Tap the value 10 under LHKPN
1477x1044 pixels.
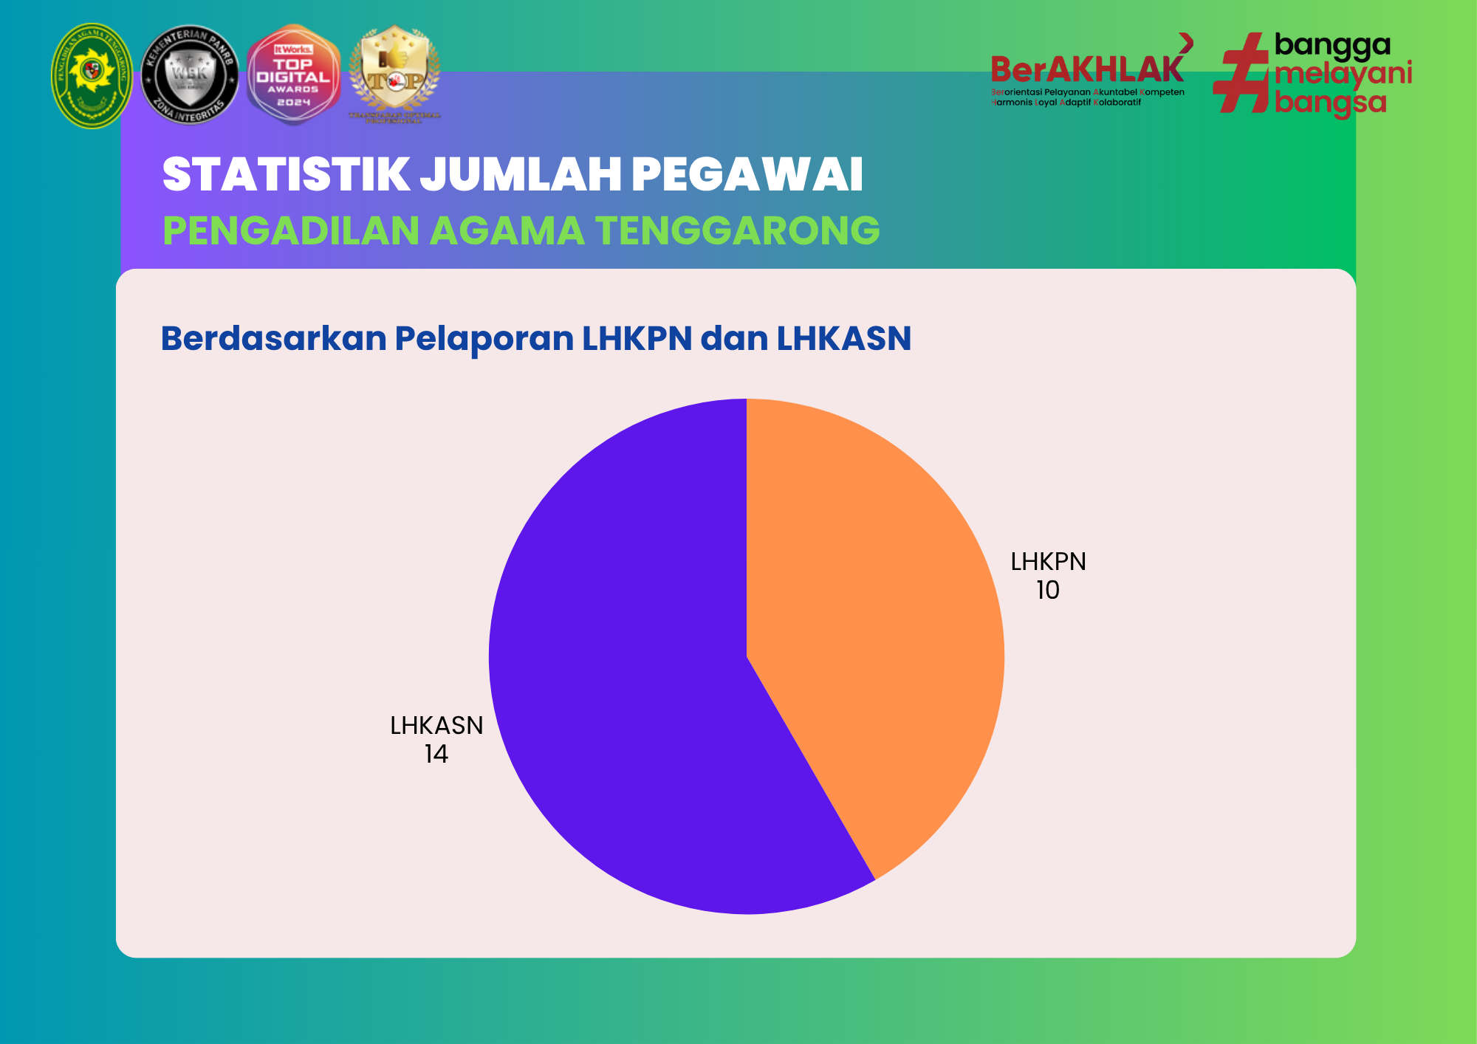pos(1047,591)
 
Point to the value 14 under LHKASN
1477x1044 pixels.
pos(436,755)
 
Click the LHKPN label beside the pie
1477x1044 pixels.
pos(1048,562)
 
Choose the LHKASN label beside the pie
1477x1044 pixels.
pos(436,726)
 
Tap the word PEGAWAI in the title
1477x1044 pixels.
pos(747,175)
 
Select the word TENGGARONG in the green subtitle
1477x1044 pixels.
pos(738,230)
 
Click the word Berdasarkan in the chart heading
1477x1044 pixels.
pos(273,339)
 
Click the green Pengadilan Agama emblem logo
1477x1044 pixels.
pos(92,75)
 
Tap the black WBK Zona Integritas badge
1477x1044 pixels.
pos(190,75)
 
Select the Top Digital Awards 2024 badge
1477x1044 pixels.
pos(293,75)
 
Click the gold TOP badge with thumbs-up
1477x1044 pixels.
pos(394,74)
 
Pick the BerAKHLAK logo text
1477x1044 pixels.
pos(1087,70)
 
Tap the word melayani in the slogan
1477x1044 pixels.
pos(1343,73)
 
